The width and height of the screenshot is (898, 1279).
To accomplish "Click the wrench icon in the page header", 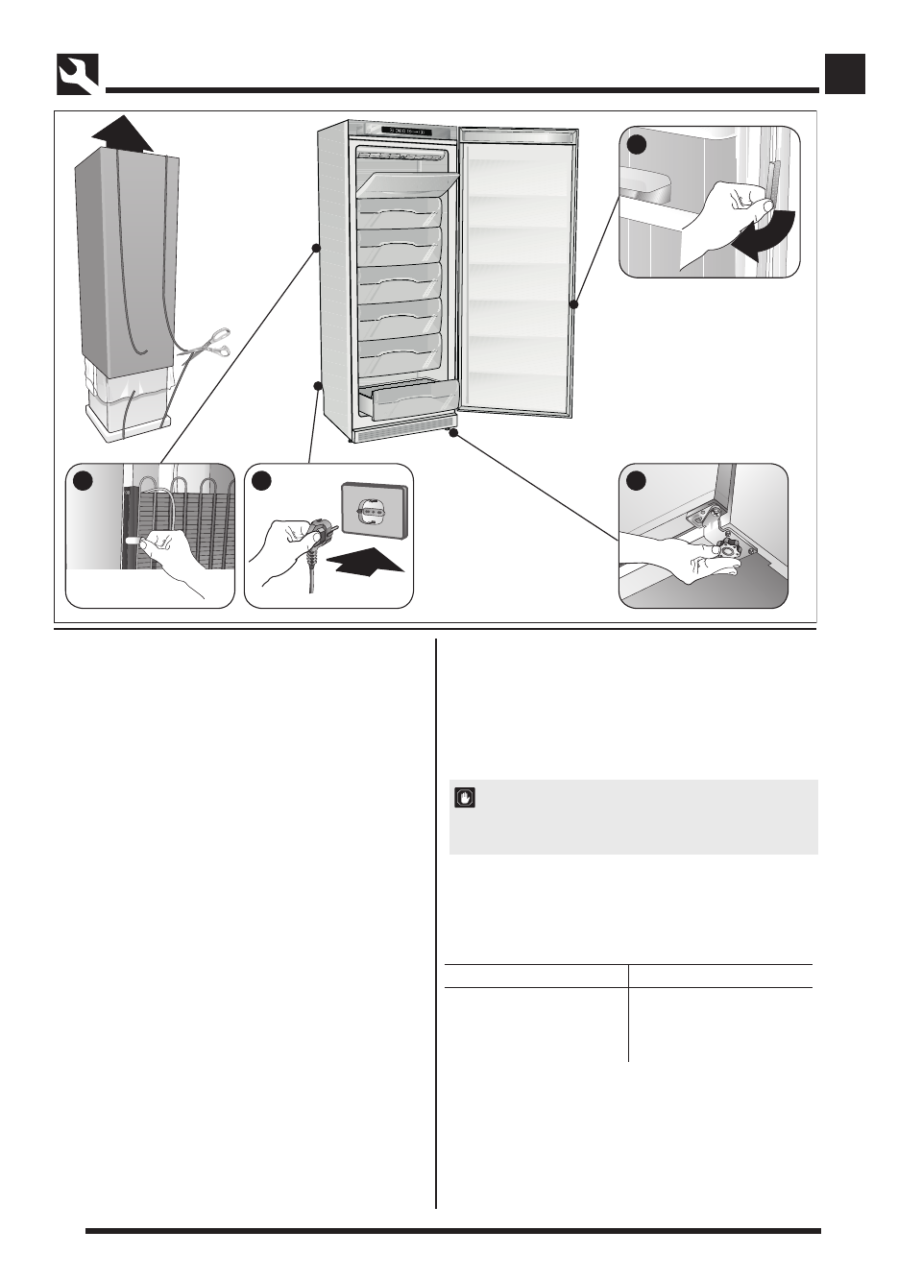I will point(78,74).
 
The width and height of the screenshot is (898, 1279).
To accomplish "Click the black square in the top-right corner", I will point(845,74).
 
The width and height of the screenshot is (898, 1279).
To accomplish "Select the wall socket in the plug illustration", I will point(375,512).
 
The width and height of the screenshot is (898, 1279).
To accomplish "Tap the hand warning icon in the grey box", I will point(465,798).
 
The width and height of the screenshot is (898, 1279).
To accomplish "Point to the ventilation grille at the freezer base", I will point(403,434).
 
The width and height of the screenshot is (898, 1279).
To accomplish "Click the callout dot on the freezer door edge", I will point(574,304).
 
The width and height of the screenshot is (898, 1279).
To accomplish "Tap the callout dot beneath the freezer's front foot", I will point(451,433).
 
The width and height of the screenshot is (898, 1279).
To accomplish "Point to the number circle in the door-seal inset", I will point(637,144).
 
